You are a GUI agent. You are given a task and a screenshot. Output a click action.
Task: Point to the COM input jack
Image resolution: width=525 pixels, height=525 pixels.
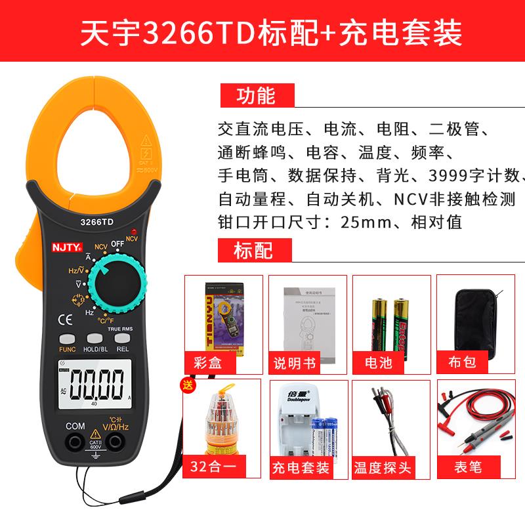[x=75, y=443]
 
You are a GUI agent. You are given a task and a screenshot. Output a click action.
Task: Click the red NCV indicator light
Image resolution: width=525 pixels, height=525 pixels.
[x=133, y=232]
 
